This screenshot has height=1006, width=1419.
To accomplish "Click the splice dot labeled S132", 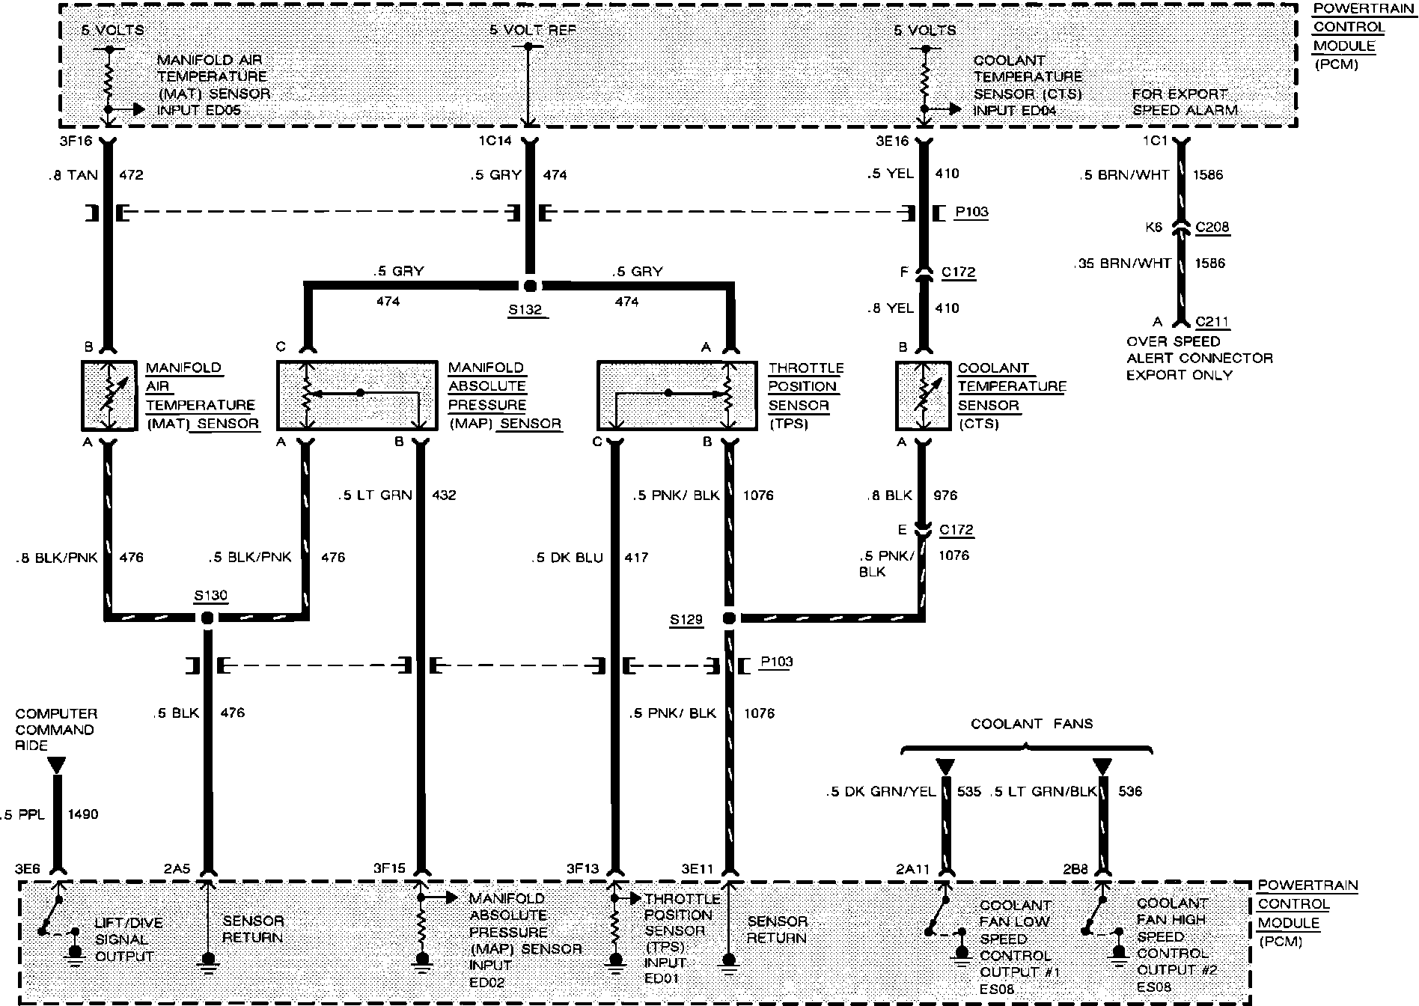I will coord(530,285).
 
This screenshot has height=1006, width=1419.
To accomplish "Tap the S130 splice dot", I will coord(207,618).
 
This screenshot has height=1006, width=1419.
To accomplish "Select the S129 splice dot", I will coord(730,618).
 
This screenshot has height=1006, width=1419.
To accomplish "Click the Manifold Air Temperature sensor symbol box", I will coord(109,396).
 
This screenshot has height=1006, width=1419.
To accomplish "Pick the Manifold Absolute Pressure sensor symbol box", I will coord(357,396).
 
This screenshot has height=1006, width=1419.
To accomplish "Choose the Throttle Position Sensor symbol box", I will coord(677,396).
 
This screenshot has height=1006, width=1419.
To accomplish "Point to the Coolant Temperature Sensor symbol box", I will coord(924,396).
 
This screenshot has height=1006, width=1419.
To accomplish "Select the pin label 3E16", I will coord(892,140).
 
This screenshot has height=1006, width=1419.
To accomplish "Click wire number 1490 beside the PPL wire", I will coord(82,814).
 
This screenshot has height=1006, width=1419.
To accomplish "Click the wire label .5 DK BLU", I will coord(567,558).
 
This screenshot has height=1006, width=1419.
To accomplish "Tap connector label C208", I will coord(1212,227).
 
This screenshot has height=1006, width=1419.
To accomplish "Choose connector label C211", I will coord(1212,322).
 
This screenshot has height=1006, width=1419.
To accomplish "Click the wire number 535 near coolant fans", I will coord(968,791).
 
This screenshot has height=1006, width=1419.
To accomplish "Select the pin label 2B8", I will coord(1075,869).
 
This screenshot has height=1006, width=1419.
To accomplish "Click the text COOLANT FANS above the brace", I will coord(1031,724).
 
